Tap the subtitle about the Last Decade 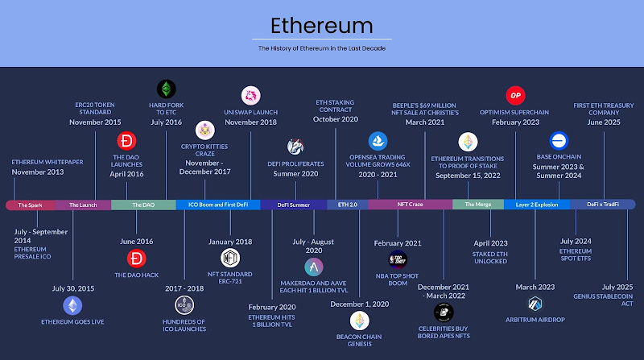click(321, 49)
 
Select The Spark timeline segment click(30, 205)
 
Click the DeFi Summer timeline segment click(293, 205)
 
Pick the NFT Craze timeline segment click(411, 205)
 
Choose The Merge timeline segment click(477, 205)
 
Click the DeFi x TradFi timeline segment click(603, 205)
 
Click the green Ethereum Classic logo click(166, 89)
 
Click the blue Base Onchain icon click(559, 139)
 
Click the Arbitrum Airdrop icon click(536, 304)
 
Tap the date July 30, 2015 click(72, 288)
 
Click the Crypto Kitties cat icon click(204, 130)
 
